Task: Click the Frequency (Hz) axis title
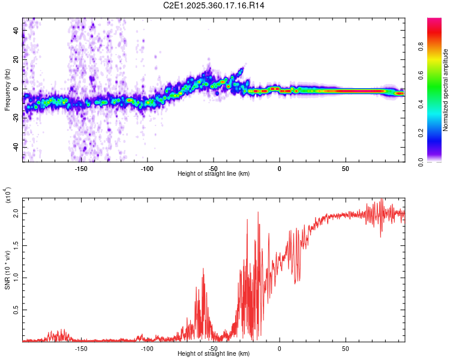7,90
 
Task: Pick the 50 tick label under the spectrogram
345,169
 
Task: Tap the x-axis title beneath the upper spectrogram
214,174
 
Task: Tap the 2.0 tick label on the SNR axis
16,214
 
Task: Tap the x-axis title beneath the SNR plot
214,354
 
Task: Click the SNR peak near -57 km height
203,269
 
